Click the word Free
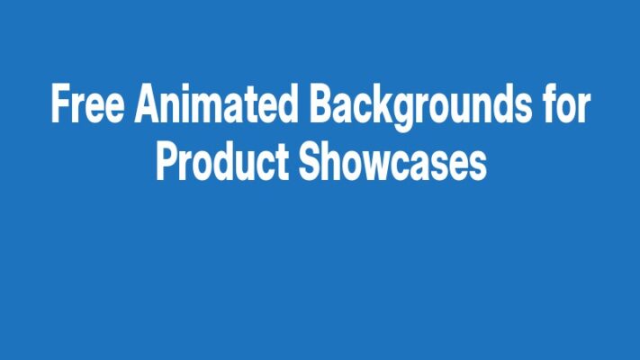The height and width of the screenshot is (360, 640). tap(88, 106)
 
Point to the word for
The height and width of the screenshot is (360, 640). tap(567, 106)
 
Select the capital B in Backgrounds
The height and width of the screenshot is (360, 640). tap(320, 106)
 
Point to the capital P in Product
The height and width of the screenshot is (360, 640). tap(167, 165)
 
